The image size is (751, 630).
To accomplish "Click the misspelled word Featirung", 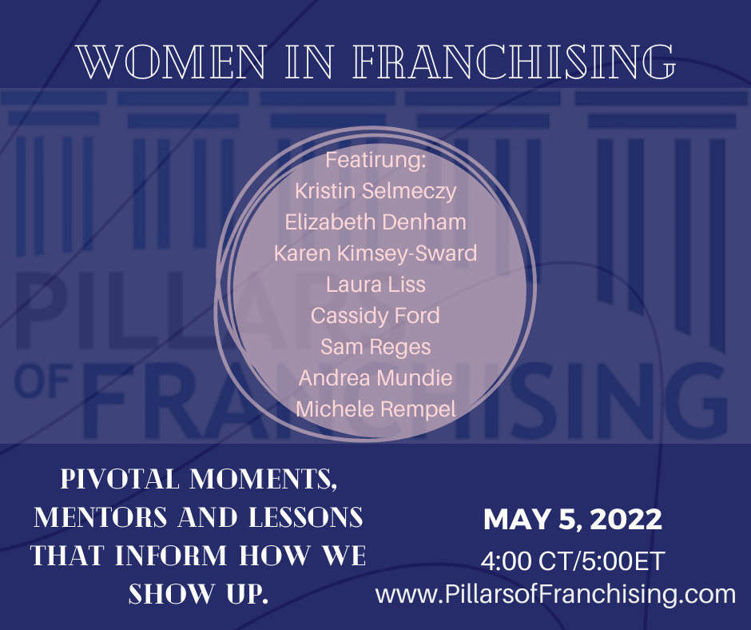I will [x=375, y=160].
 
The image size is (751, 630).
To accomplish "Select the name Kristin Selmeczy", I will [x=375, y=190].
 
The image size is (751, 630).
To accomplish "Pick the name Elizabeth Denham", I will [x=375, y=221].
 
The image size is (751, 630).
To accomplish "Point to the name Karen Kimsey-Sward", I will [x=375, y=253].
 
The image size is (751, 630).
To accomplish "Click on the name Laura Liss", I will [x=375, y=284].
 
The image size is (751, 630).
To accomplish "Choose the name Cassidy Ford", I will [x=375, y=315].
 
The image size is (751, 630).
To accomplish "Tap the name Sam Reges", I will [x=375, y=346].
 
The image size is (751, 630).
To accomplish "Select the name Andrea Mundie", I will [x=375, y=377].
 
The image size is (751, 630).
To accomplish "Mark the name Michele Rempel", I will [x=375, y=409].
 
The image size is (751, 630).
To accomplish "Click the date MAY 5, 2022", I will [x=572, y=520].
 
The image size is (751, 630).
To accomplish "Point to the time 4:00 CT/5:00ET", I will [x=572, y=560].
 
